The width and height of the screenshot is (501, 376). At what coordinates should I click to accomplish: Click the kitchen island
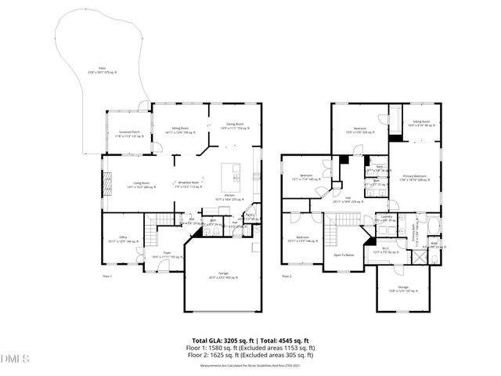point(233,171)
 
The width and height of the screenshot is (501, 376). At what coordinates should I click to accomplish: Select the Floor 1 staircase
point(162,222)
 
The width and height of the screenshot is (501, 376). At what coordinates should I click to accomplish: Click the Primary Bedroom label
point(414,179)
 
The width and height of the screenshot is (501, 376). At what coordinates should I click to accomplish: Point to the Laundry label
point(386,219)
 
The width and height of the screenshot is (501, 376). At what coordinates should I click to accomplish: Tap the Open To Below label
point(344,255)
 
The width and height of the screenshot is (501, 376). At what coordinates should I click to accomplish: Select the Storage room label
point(402,288)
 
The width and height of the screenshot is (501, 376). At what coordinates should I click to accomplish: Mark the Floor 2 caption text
point(286,277)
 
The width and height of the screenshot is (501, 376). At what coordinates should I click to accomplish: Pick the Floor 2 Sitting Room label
point(421,124)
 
